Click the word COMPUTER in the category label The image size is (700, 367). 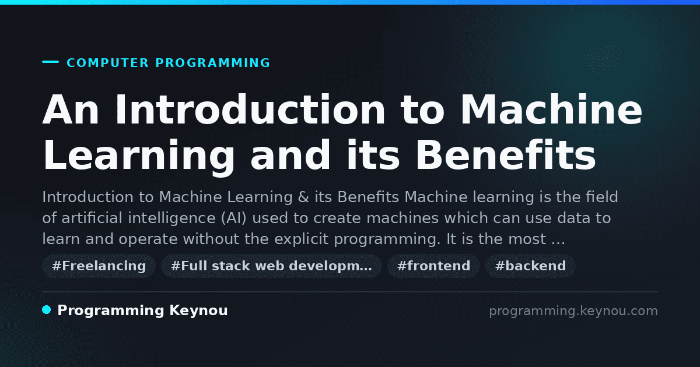(x=107, y=63)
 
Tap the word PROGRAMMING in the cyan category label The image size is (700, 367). (x=212, y=63)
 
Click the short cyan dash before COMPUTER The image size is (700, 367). (x=50, y=62)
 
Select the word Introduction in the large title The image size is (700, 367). (x=250, y=110)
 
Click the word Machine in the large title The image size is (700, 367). (x=551, y=110)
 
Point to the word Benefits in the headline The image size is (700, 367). (x=506, y=155)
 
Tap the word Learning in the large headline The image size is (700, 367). (x=139, y=158)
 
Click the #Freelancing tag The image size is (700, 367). (x=99, y=266)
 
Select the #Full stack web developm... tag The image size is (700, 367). (x=271, y=266)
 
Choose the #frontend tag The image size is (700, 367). (x=433, y=266)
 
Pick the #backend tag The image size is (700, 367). (x=530, y=266)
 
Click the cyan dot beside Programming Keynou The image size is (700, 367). (x=46, y=310)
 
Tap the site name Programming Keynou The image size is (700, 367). (x=142, y=310)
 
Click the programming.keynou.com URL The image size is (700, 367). (x=573, y=311)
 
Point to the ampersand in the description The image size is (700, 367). (x=303, y=197)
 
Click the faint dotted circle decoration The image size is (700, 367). (x=601, y=57)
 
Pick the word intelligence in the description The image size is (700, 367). (x=172, y=218)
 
